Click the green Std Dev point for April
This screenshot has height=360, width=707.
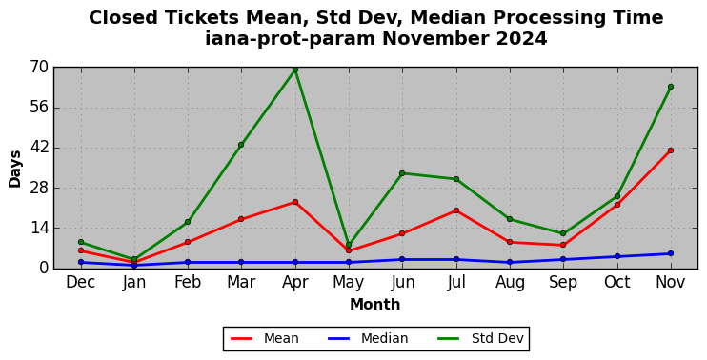coord(294,70)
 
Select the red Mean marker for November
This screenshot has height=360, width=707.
coord(671,150)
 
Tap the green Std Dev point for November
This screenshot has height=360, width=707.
coord(671,87)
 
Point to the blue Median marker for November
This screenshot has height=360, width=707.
coord(671,253)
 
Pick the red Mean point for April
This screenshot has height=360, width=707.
coord(294,202)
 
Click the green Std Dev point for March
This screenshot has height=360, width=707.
coord(241,145)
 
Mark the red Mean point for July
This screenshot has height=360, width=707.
coord(456,210)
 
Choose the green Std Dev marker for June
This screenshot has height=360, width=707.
coord(402,173)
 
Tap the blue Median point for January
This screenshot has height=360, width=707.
coord(134,266)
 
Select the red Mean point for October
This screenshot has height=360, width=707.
coord(617,205)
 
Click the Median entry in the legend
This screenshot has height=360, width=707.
coord(368,338)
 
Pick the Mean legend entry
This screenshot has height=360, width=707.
coord(265,338)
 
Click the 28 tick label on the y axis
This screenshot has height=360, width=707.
coord(39,189)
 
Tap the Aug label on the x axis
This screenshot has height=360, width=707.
coord(510,283)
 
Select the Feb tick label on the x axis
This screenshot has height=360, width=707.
coord(188,282)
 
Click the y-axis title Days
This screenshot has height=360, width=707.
coord(15,169)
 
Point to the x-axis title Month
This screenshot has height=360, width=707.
coord(375,305)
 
